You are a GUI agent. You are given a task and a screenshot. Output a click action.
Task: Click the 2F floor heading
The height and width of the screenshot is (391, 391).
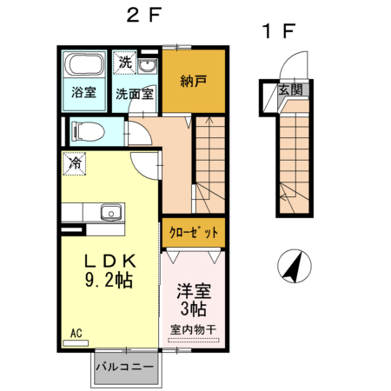pos(142,16)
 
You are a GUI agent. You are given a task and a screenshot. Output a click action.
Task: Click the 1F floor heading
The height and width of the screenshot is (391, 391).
pos(280,32)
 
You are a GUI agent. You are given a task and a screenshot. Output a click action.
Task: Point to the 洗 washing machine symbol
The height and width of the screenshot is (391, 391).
pos(125,63)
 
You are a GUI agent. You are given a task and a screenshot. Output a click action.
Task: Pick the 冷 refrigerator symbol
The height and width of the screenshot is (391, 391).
pos(76,162)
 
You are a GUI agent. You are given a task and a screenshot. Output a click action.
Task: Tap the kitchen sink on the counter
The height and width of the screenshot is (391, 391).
pos(110,213)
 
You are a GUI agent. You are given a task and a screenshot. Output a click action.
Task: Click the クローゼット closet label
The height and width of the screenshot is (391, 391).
pos(193,233)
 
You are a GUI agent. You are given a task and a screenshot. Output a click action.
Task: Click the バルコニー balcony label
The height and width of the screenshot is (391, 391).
pos(125,367)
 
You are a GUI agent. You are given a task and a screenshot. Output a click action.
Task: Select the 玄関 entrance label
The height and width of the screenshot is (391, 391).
pos(289,89)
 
